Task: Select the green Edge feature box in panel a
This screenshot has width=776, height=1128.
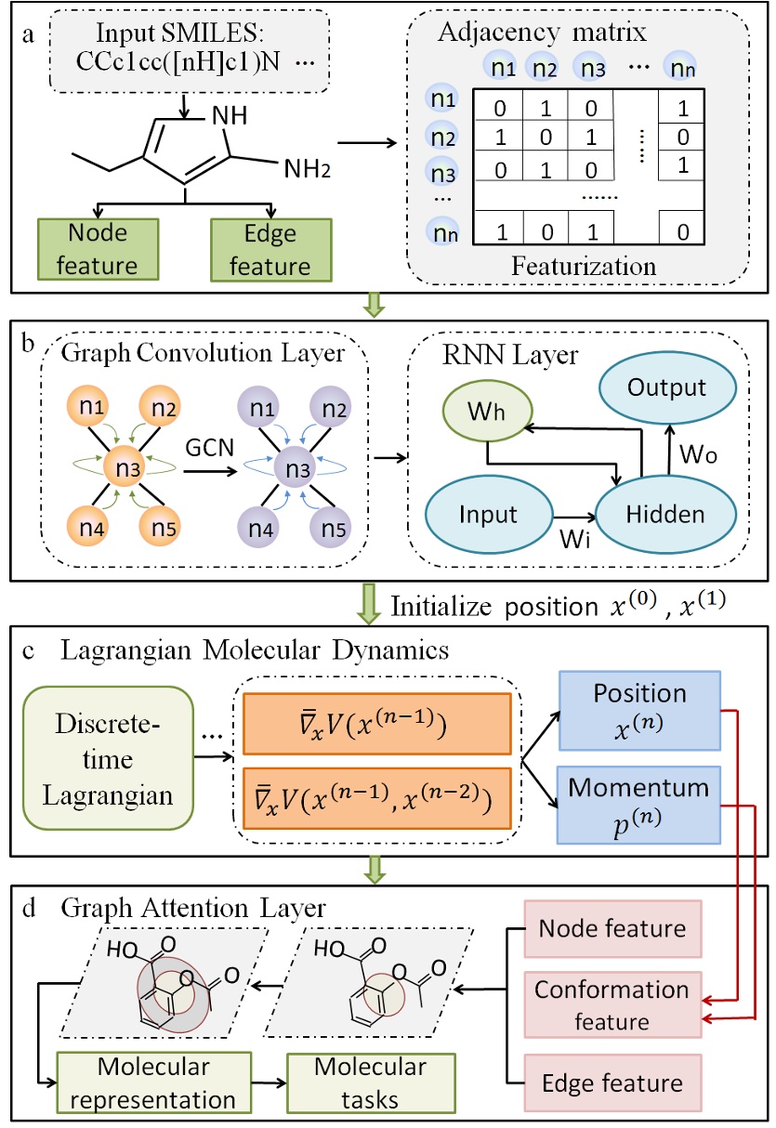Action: [x=270, y=248]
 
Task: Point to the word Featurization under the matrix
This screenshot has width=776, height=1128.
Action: [x=584, y=266]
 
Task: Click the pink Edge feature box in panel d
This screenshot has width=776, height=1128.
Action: [x=612, y=1082]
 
